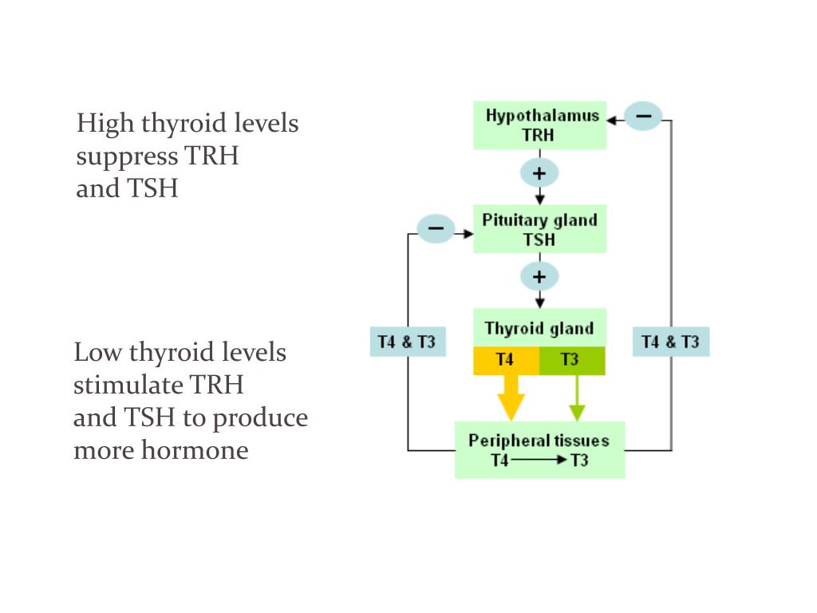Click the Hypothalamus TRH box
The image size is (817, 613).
point(539,125)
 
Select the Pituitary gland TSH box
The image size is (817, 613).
point(539,230)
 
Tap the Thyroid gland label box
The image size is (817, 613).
point(539,327)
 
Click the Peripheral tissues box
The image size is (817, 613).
point(539,450)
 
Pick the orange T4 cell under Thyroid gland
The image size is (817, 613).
point(506,360)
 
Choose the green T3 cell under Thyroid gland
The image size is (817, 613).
point(572,360)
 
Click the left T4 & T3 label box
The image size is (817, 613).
point(407,342)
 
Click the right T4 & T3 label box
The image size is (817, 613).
point(670,342)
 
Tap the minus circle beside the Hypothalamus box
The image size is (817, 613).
point(643,117)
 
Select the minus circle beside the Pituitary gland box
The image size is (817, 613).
point(436,230)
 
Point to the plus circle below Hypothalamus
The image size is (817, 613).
point(539,172)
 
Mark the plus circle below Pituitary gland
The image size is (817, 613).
point(539,277)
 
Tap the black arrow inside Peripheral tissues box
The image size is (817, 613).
point(539,461)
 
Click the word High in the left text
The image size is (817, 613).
point(105,124)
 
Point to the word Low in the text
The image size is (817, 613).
point(98,352)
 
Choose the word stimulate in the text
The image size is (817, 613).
point(128,385)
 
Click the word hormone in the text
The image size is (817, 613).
point(195,450)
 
